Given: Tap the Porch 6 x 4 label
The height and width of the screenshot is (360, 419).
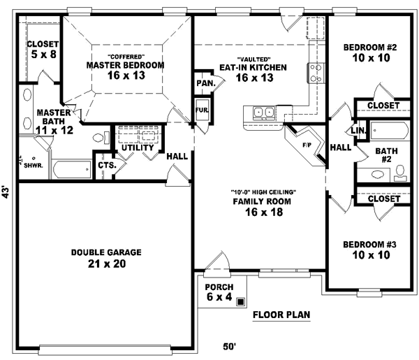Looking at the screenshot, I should tap(219, 292).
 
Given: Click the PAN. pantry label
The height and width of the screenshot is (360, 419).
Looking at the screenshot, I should tap(205, 82).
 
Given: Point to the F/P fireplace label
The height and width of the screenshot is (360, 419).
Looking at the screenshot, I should tap(306, 145).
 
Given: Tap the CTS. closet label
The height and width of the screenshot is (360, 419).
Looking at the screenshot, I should tap(106, 166).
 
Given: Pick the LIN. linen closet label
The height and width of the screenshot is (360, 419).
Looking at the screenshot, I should tap(359, 131).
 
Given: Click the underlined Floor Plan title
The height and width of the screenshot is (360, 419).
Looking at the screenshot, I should tap(281, 315).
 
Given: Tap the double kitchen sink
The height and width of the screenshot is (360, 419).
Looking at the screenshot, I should tap(264, 112).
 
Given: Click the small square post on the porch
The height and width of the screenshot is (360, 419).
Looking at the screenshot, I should tap(241, 303).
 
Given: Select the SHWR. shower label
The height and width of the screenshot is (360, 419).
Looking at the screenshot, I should tap(31, 166).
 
